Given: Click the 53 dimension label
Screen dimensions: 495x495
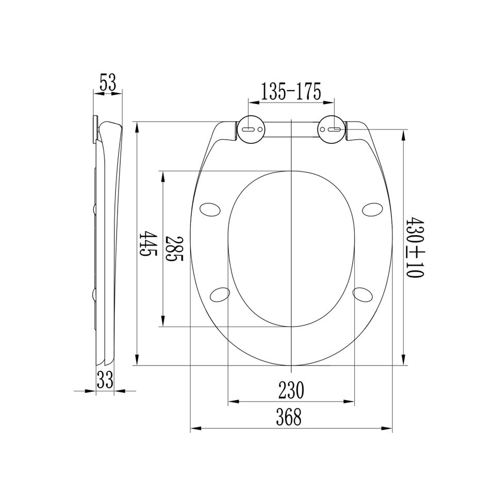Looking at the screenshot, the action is coord(108,82).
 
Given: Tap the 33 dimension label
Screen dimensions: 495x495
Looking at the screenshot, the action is coord(105,379).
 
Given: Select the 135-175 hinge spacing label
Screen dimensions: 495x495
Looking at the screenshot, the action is coord(291,91).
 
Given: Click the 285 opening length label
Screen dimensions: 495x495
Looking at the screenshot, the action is coord(174,248).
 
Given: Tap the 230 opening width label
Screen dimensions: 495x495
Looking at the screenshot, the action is coord(291,390).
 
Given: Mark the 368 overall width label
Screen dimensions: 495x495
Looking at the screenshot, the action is coord(289,417).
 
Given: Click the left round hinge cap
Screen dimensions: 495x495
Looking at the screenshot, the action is coord(251,129).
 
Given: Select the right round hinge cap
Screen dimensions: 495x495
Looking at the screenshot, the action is coord(332,129).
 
